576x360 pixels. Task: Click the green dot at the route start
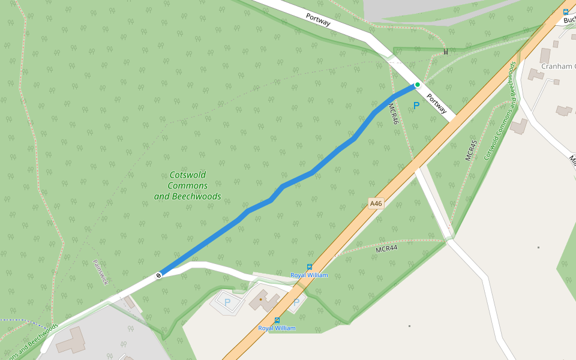(418, 85)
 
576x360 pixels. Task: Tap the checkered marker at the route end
(158, 275)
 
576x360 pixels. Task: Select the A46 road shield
(376, 204)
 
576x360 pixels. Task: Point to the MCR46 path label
(394, 113)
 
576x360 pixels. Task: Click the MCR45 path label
(471, 150)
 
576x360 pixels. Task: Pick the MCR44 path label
(386, 248)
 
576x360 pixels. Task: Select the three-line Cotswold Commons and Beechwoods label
(187, 185)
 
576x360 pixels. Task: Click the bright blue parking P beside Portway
(416, 106)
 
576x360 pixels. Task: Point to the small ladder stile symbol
(445, 52)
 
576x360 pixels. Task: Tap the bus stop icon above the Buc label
(565, 11)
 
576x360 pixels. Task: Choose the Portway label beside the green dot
(437, 103)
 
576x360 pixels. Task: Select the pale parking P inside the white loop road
(227, 302)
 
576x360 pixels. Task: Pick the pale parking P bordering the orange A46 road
(296, 302)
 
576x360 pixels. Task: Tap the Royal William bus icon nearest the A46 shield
(309, 267)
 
